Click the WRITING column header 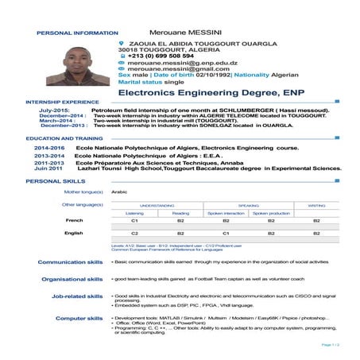316,205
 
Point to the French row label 74,220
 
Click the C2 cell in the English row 135,233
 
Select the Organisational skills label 72,280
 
